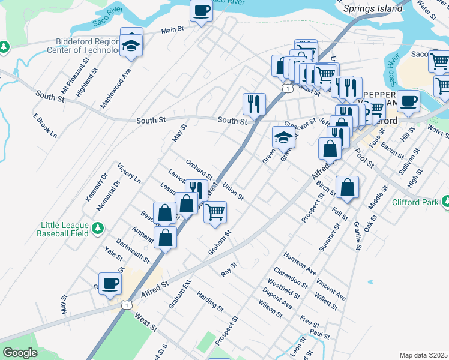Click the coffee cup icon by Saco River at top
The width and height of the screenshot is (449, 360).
click(x=202, y=10)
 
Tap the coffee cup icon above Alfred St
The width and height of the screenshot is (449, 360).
click(x=110, y=283)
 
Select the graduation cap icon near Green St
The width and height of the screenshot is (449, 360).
click(x=283, y=137)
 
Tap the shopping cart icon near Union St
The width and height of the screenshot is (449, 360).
click(x=215, y=212)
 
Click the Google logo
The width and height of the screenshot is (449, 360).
click(x=20, y=353)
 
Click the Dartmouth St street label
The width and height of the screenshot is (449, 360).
click(x=133, y=251)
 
